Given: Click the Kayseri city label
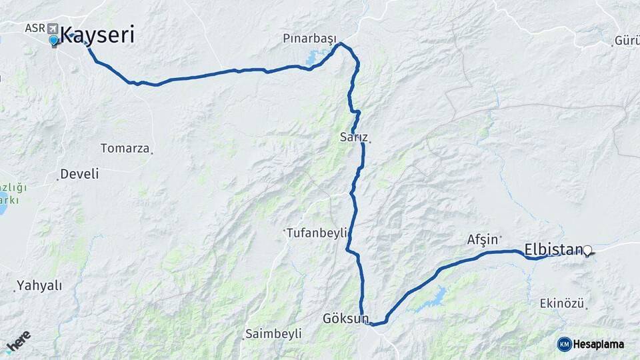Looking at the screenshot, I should tap(98, 35).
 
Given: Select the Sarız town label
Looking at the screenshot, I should tap(353, 137).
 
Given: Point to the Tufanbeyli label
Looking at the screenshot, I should tap(317, 233).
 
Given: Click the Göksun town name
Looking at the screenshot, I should tap(345, 318).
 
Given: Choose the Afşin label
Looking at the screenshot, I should tap(483, 239).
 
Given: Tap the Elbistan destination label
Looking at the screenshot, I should tap(553, 250).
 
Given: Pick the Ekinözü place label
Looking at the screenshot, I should tap(561, 303).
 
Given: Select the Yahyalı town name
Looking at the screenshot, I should tap(39, 285).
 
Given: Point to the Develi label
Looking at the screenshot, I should tap(79, 174).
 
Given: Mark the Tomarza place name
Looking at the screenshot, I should tap(125, 148).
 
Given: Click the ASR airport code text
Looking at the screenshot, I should tap(34, 28).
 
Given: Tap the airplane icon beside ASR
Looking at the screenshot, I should tap(52, 29).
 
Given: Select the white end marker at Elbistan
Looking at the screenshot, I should tap(587, 251).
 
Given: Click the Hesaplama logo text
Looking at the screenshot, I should tap(599, 344).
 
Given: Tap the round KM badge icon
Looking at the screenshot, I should tap(564, 344).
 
